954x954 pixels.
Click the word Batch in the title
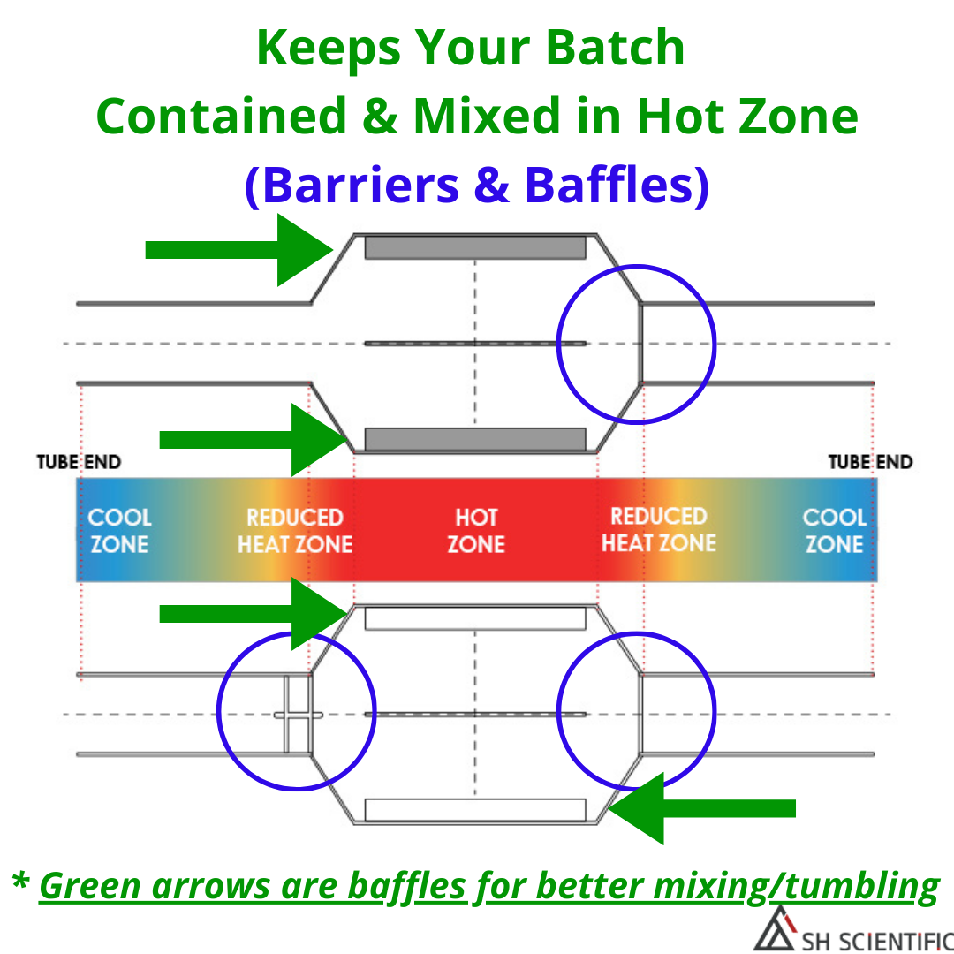pos(615,48)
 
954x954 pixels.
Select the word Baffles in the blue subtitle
pos(609,185)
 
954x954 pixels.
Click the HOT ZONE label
pos(476,531)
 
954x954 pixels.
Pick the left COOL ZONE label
pos(119,531)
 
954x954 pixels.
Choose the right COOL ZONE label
pos(834,531)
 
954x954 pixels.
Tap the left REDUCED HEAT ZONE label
pos(295,531)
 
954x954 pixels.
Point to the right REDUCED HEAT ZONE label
pos(659,529)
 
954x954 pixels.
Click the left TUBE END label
pos(79,462)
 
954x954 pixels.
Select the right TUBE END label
pos(871,462)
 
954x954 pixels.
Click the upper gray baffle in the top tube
pos(475,247)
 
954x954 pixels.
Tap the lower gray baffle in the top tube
pos(475,439)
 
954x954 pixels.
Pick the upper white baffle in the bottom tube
pos(475,618)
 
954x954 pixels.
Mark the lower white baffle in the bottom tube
pos(475,810)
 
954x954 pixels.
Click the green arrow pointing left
pos(701,808)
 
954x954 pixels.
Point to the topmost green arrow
pos(239,249)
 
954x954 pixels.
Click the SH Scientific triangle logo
pos(776,928)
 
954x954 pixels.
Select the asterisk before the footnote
pos(20,881)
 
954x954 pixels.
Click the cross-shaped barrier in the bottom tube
pos(298,715)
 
